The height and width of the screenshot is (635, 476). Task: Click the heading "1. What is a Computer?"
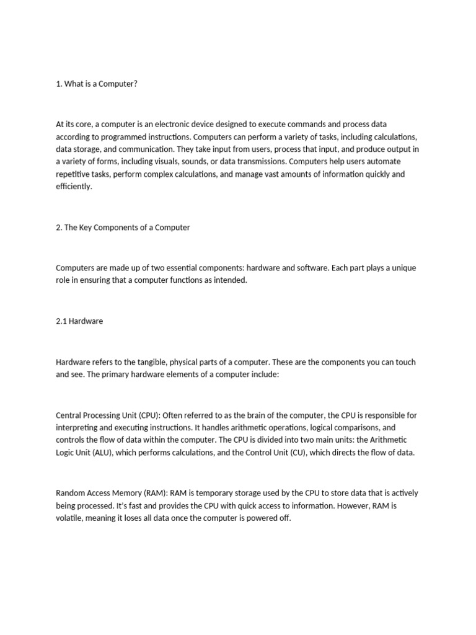coord(96,84)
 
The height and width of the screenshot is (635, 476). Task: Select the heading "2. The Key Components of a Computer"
coord(123,228)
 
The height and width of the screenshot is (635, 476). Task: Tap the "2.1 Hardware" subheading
coord(79,321)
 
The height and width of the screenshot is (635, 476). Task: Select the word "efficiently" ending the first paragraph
coord(73,187)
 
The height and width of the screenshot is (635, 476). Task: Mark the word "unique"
coord(402,268)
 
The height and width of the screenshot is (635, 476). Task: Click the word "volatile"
coord(69,518)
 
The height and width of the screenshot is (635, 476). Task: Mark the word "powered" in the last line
coord(250,518)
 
